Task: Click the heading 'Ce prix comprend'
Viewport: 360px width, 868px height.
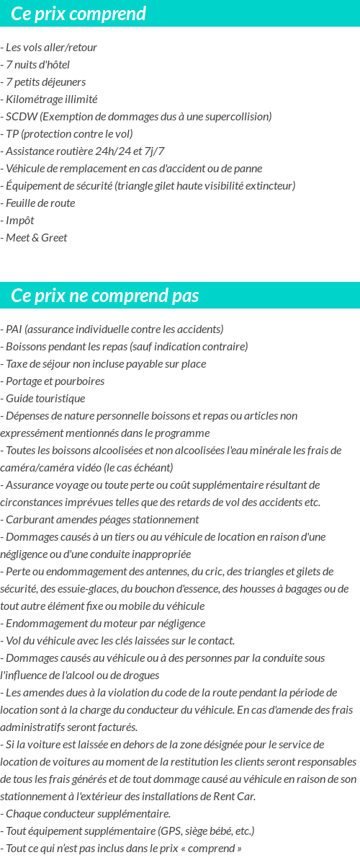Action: pyautogui.click(x=78, y=14)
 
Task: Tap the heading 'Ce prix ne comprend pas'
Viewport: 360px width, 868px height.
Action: pyautogui.click(x=105, y=296)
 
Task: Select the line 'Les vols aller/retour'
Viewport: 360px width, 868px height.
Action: pyautogui.click(x=51, y=48)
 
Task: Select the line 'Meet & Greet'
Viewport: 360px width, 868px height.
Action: pyautogui.click(x=37, y=238)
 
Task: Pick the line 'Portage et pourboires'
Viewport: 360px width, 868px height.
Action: pyautogui.click(x=55, y=381)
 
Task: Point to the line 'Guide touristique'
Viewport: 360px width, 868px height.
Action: pyautogui.click(x=45, y=399)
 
